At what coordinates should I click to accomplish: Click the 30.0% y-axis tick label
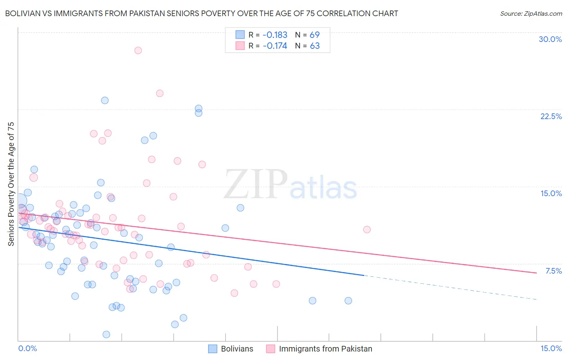coord(550,39)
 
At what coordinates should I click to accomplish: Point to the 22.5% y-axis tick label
coord(551,116)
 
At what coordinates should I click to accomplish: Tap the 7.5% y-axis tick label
coord(553,271)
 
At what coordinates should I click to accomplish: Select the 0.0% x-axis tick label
coord(27,348)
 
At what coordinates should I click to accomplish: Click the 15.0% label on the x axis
coord(551,348)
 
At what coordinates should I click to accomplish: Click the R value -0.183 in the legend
coord(275,35)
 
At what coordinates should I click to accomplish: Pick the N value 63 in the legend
coord(315,46)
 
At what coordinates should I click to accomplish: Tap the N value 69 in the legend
coord(315,35)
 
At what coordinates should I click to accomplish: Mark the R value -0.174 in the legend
coord(275,46)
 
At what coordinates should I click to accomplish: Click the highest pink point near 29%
coord(138,50)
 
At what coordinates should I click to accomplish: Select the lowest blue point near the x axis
coord(106,334)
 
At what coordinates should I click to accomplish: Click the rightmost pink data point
coord(367,230)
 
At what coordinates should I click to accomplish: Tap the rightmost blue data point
coord(348,301)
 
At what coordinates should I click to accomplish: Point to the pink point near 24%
coord(160,93)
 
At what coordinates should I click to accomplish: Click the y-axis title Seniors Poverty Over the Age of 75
coord(11,184)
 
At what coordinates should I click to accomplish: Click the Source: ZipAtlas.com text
coord(531,14)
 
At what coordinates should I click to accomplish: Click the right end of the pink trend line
coord(536,273)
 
